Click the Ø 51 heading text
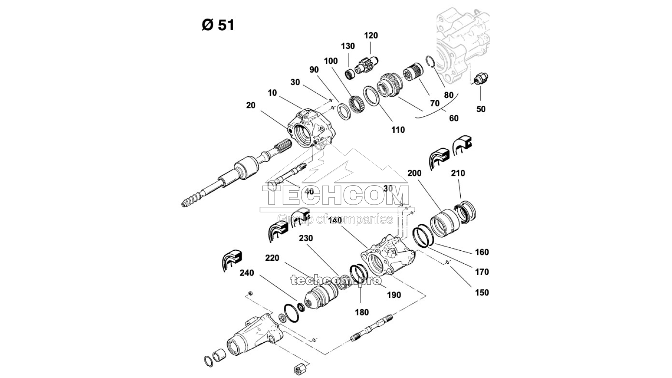pos(218,25)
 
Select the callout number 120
pos(370,36)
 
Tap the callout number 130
pos(348,46)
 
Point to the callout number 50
pos(480,109)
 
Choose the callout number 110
pos(398,130)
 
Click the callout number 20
pos(251,105)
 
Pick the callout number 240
pos(247,273)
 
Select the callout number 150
pos(482,292)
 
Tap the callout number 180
pos(362,312)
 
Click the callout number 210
pos(458,173)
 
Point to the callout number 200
pos(414,173)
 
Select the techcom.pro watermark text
pos(336,280)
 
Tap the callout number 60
pos(454,118)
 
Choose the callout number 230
pos(306,238)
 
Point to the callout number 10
pos(272,93)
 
